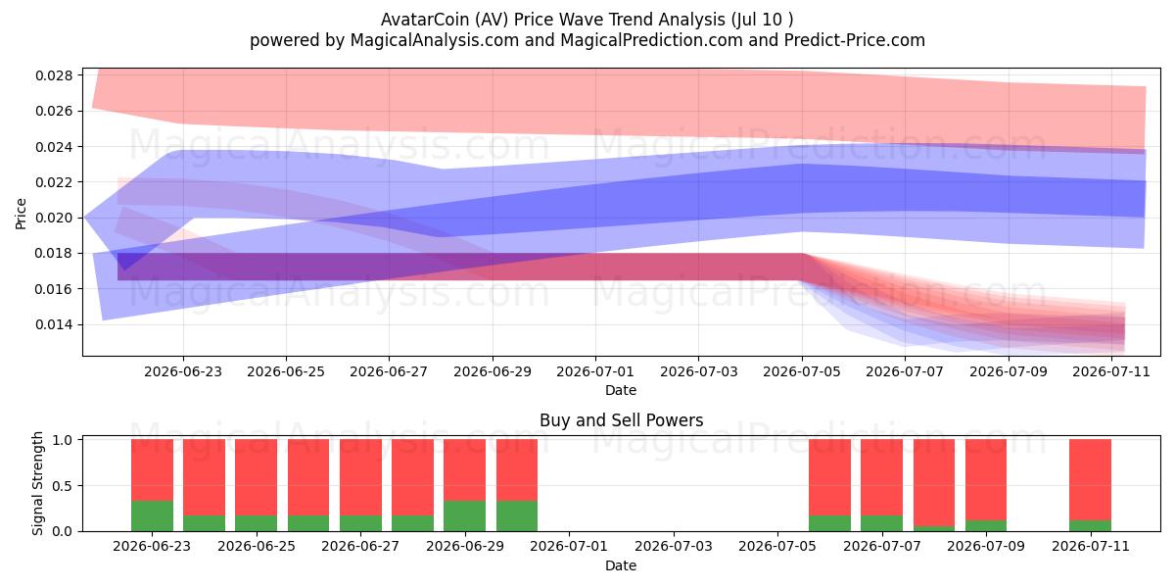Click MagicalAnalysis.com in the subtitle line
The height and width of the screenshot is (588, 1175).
435,40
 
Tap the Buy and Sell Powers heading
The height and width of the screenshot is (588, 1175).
621,420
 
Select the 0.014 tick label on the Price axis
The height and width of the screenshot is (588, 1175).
54,325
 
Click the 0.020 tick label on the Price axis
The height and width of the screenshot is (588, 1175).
54,218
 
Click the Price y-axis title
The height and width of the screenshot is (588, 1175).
21,214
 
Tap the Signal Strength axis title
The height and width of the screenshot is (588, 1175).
37,483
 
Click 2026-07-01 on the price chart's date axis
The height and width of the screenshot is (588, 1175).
595,372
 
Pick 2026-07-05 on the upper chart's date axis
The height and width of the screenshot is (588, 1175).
802,372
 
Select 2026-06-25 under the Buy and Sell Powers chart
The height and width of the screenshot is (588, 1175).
257,547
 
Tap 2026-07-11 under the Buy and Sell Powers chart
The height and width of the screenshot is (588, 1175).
1091,547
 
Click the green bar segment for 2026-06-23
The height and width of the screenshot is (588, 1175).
152,516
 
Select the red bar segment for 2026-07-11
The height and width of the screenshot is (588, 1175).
1091,480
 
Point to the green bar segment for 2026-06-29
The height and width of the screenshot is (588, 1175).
465,516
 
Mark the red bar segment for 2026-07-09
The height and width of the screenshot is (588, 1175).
986,480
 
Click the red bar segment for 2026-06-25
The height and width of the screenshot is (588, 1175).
257,478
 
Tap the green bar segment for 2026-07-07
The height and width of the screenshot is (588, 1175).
882,523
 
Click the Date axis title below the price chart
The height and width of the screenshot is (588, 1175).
621,391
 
